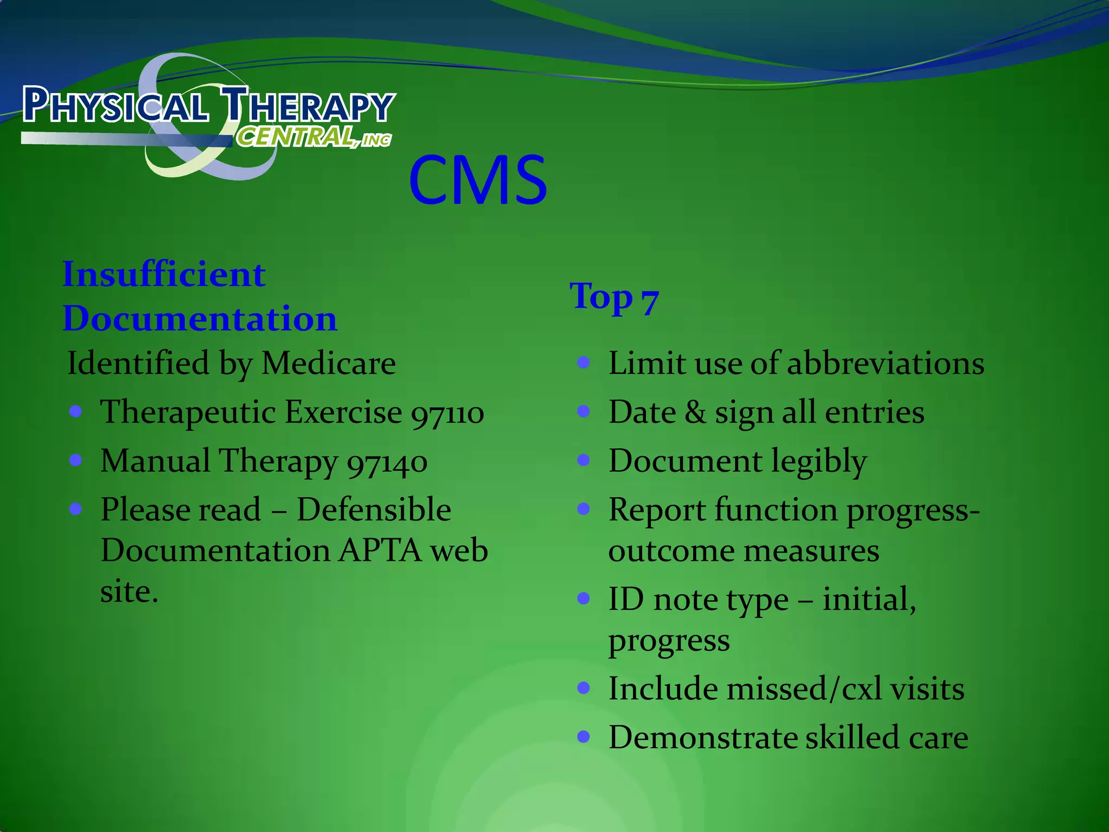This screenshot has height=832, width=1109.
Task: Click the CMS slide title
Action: tap(478, 180)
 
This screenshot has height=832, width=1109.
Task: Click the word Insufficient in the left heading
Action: tap(164, 275)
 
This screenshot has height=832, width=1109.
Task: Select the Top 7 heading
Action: tap(614, 298)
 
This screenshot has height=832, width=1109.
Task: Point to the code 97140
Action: tap(387, 463)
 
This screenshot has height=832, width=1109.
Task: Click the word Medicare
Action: tap(329, 363)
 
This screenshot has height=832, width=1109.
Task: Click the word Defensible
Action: tap(374, 510)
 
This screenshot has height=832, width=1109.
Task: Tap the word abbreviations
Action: tap(885, 363)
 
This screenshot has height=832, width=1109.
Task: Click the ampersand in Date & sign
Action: tap(695, 413)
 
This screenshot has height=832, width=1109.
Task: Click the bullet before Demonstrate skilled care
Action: tap(583, 737)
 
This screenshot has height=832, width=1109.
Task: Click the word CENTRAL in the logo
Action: tap(296, 136)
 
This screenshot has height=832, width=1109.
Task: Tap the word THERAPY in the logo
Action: tap(309, 105)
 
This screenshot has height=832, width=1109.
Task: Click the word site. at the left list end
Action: tap(129, 591)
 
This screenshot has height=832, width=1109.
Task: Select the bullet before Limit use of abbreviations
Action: tap(583, 362)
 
